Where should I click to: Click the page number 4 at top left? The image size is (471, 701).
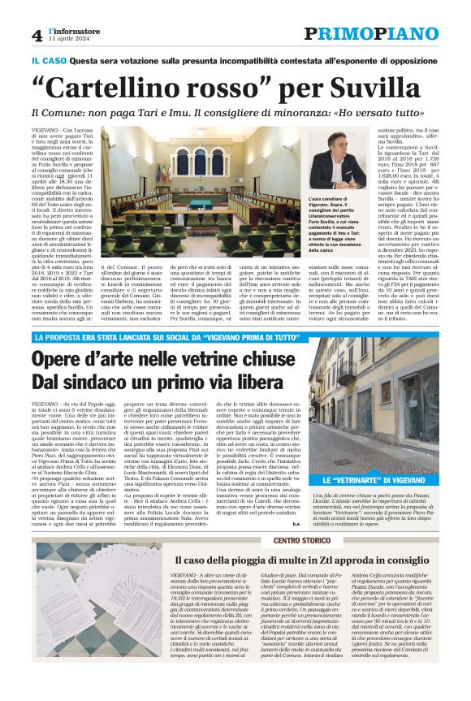click(37, 35)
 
